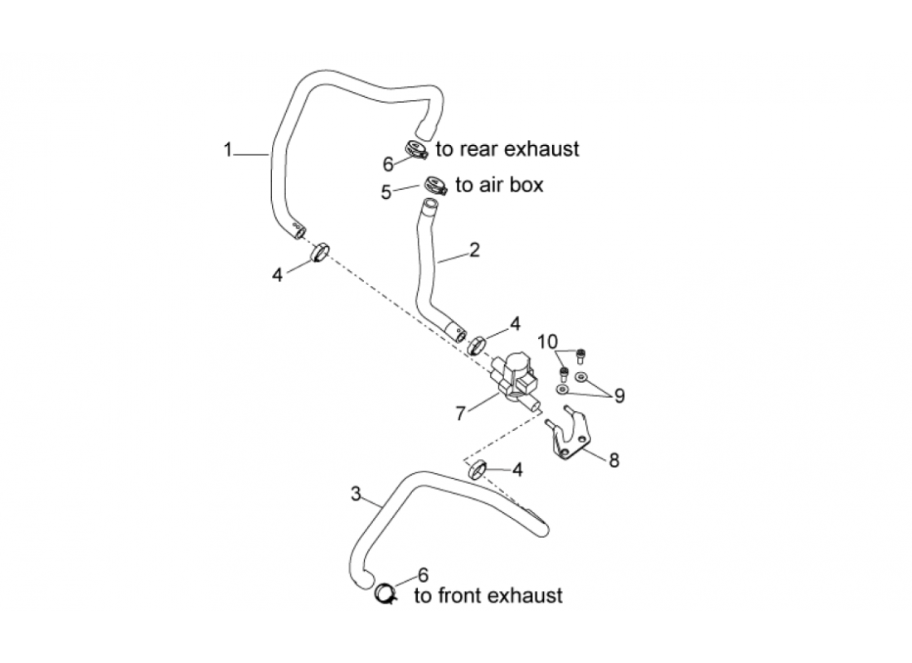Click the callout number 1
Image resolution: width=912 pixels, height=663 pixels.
point(227,150)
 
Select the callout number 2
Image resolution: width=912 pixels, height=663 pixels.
point(473,249)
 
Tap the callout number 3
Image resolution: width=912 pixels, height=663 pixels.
point(356,495)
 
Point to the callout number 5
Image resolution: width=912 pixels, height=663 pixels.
point(386,192)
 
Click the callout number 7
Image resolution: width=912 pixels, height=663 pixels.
point(461,412)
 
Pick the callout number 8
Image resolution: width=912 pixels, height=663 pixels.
point(614,461)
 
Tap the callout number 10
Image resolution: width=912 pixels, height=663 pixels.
point(547,341)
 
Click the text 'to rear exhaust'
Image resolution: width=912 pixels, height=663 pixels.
point(507,149)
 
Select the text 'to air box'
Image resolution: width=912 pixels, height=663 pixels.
point(499,185)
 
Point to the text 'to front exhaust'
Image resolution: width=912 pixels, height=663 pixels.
point(488,595)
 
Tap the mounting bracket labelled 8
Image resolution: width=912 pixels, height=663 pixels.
point(572,435)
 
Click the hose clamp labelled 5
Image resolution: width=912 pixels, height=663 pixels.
point(435,186)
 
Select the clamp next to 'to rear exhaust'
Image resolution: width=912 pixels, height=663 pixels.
point(415,150)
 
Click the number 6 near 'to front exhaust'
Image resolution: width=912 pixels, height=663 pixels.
point(423,574)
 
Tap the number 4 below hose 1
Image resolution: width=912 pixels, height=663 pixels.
point(278,274)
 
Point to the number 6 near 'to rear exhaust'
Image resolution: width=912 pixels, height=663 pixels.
point(388,164)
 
